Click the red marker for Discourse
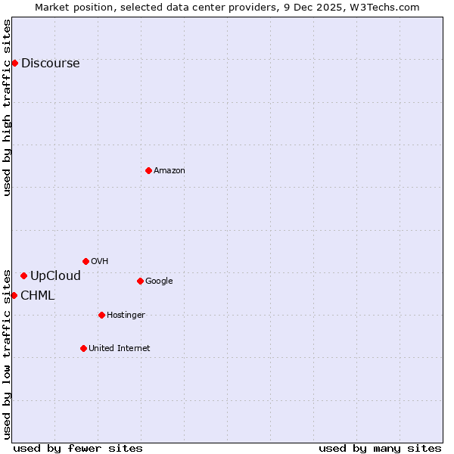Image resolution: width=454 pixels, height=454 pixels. coord(14,63)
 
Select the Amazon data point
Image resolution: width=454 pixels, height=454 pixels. coord(148,170)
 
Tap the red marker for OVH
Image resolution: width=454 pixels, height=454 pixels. coord(86,261)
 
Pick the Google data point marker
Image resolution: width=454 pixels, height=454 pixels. coord(140,281)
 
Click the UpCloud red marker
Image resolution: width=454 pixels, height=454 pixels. coord(23,275)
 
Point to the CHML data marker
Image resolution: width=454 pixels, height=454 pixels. coord(14,295)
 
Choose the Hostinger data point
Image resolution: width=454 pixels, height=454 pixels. coord(101,315)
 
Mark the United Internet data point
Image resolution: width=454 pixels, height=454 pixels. coord(83,348)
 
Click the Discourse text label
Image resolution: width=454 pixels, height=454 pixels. coord(50,64)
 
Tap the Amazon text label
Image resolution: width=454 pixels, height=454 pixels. coord(169,171)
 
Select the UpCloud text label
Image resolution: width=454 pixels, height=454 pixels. coord(55,276)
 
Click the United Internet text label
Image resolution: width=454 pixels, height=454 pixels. coord(120,349)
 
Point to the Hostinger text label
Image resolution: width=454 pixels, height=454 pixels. coord(126,316)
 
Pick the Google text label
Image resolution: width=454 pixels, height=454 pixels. coord(159,281)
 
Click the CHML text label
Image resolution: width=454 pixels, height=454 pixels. coord(38,296)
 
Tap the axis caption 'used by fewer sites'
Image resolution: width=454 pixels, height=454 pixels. coord(78,448)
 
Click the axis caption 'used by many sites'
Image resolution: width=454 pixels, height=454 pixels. coord(380,448)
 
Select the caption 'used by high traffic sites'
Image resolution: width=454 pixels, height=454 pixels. coord(7,107)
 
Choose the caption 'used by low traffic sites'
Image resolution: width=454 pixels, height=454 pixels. coord(7,354)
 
